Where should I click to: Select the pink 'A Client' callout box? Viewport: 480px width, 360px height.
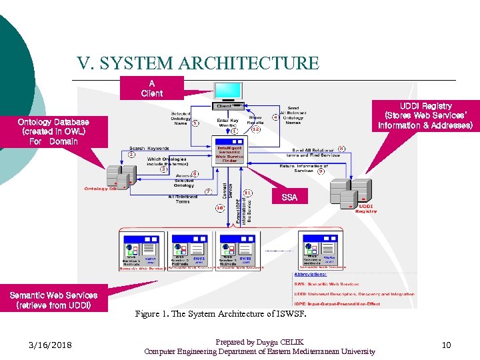(151, 88)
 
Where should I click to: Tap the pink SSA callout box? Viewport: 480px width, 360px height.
(289, 197)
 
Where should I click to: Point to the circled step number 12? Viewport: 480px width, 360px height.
(256, 129)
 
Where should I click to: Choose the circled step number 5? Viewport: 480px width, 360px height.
(195, 123)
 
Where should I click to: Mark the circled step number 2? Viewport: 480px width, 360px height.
(132, 155)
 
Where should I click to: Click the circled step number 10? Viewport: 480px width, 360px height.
(219, 207)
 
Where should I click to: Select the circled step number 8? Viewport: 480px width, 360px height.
(341, 149)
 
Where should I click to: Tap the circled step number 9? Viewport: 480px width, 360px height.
(321, 171)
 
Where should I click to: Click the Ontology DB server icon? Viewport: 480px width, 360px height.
(121, 175)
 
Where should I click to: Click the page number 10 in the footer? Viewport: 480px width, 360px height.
(446, 345)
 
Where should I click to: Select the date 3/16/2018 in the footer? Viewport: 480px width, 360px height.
(51, 345)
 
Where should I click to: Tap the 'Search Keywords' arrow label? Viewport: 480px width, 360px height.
(149, 148)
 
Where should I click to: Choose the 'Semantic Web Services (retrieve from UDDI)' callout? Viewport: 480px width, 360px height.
(53, 300)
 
